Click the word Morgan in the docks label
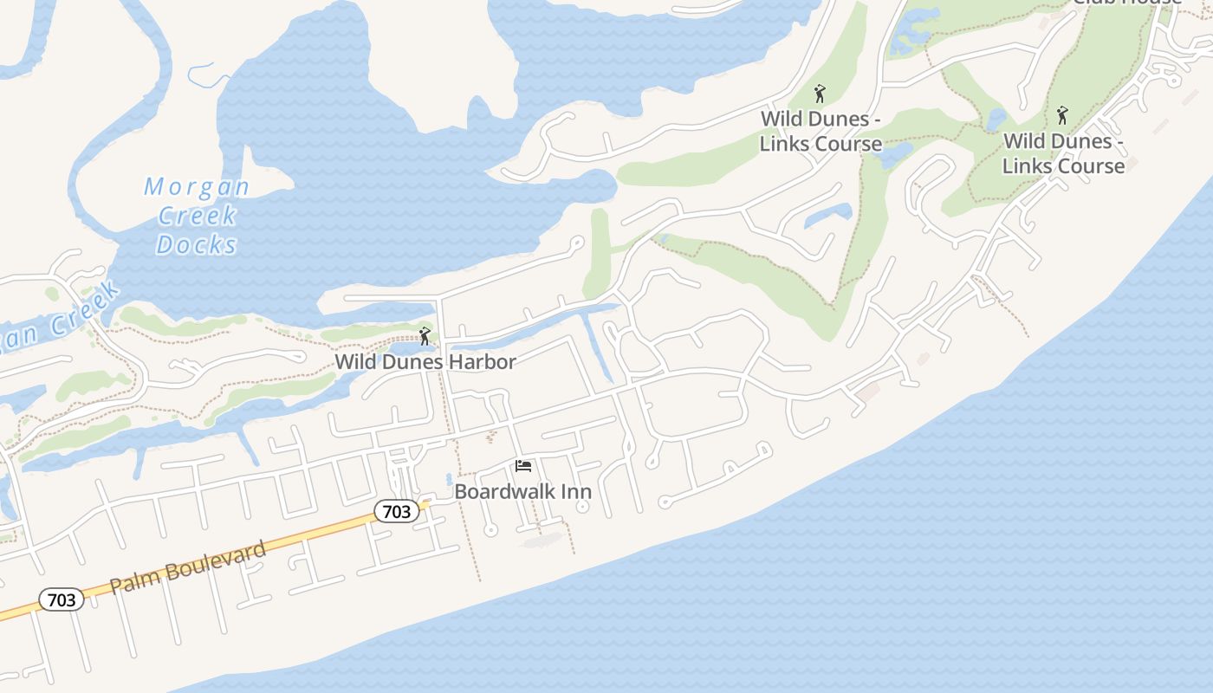[197, 186]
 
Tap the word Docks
[197, 244]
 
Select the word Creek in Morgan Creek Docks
[198, 215]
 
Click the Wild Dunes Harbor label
[425, 362]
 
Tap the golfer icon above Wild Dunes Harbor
[425, 336]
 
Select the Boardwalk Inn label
[522, 492]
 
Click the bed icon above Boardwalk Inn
[522, 466]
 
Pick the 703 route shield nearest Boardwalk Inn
[397, 512]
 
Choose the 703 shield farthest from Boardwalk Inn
[62, 599]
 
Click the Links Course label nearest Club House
[1063, 153]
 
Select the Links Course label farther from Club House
[821, 131]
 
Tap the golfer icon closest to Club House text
[1062, 115]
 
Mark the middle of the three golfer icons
[820, 93]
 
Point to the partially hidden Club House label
[1126, 3]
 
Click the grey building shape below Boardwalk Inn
[543, 541]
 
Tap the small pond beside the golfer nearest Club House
[997, 119]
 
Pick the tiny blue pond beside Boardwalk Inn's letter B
[448, 479]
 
